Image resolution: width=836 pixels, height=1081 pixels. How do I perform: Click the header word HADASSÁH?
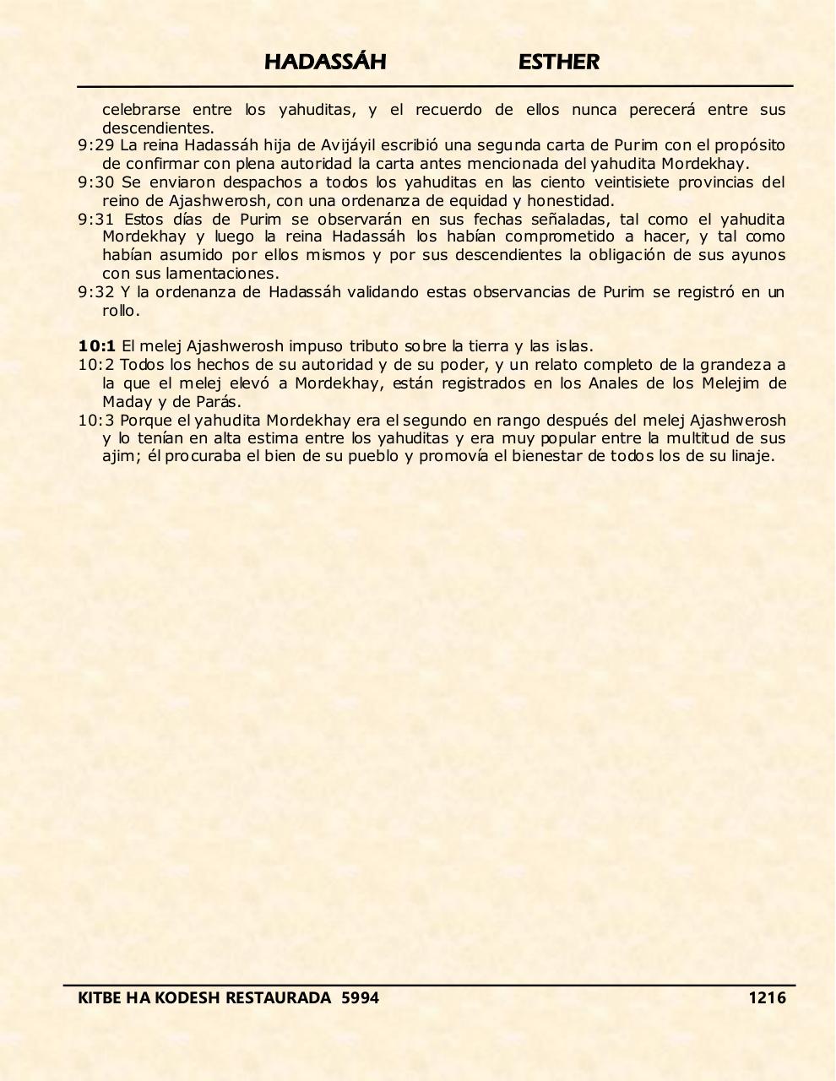[325, 62]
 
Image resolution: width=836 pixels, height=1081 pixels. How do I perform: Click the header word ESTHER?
[558, 62]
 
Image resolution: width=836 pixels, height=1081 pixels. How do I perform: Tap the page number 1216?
[767, 997]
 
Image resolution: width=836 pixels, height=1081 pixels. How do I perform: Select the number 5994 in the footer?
[360, 997]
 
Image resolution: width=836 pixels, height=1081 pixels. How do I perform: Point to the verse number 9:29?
[95, 145]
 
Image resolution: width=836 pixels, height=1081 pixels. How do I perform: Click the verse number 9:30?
[95, 182]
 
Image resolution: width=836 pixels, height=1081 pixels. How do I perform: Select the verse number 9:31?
[95, 220]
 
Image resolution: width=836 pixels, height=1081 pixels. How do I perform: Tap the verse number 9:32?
[95, 292]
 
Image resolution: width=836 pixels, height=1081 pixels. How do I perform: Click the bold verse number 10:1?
[96, 346]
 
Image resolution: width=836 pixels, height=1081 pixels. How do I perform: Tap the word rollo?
[120, 311]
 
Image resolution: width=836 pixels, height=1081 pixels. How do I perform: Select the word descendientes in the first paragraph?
[157, 128]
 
